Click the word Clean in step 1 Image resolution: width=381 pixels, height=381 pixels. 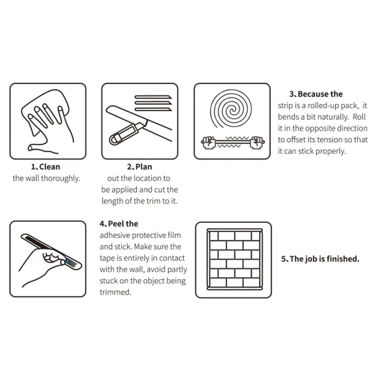coord(49,167)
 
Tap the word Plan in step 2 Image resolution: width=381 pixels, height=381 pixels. coord(144,167)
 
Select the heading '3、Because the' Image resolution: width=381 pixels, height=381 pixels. coord(316,94)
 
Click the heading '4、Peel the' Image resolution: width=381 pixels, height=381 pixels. coord(119,224)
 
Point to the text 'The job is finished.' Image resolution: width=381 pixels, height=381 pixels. coord(324,259)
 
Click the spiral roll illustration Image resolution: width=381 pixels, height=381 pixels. coord(231,109)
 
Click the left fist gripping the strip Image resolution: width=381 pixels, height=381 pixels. coord(208,143)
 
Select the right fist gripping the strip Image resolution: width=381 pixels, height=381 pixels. coord(257,143)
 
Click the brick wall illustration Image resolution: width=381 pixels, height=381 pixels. coord(234,259)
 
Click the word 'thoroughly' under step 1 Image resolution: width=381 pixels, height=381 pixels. coord(60,178)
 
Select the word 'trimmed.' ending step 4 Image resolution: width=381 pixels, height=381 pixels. coord(115,292)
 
